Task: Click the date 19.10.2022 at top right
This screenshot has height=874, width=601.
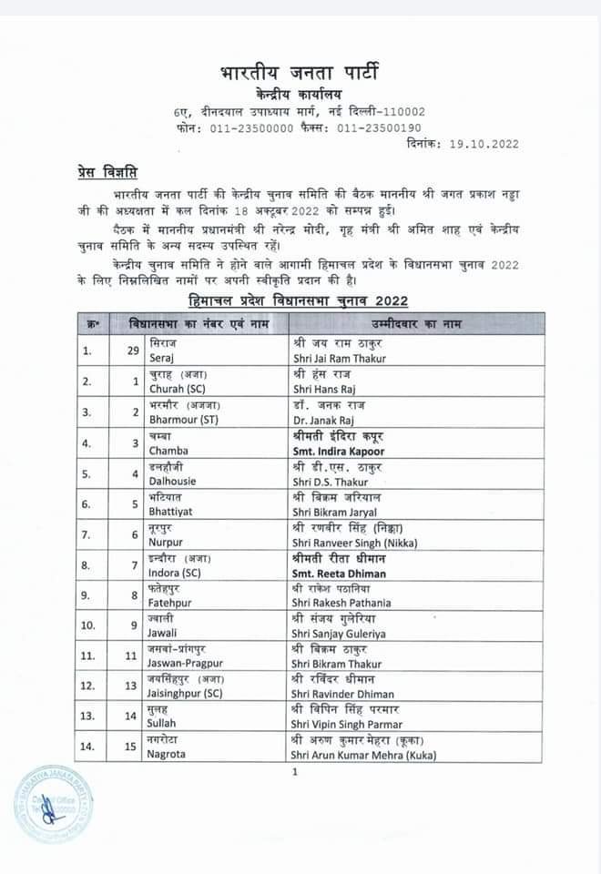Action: point(484,143)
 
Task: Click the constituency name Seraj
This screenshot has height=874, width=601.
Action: point(160,359)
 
